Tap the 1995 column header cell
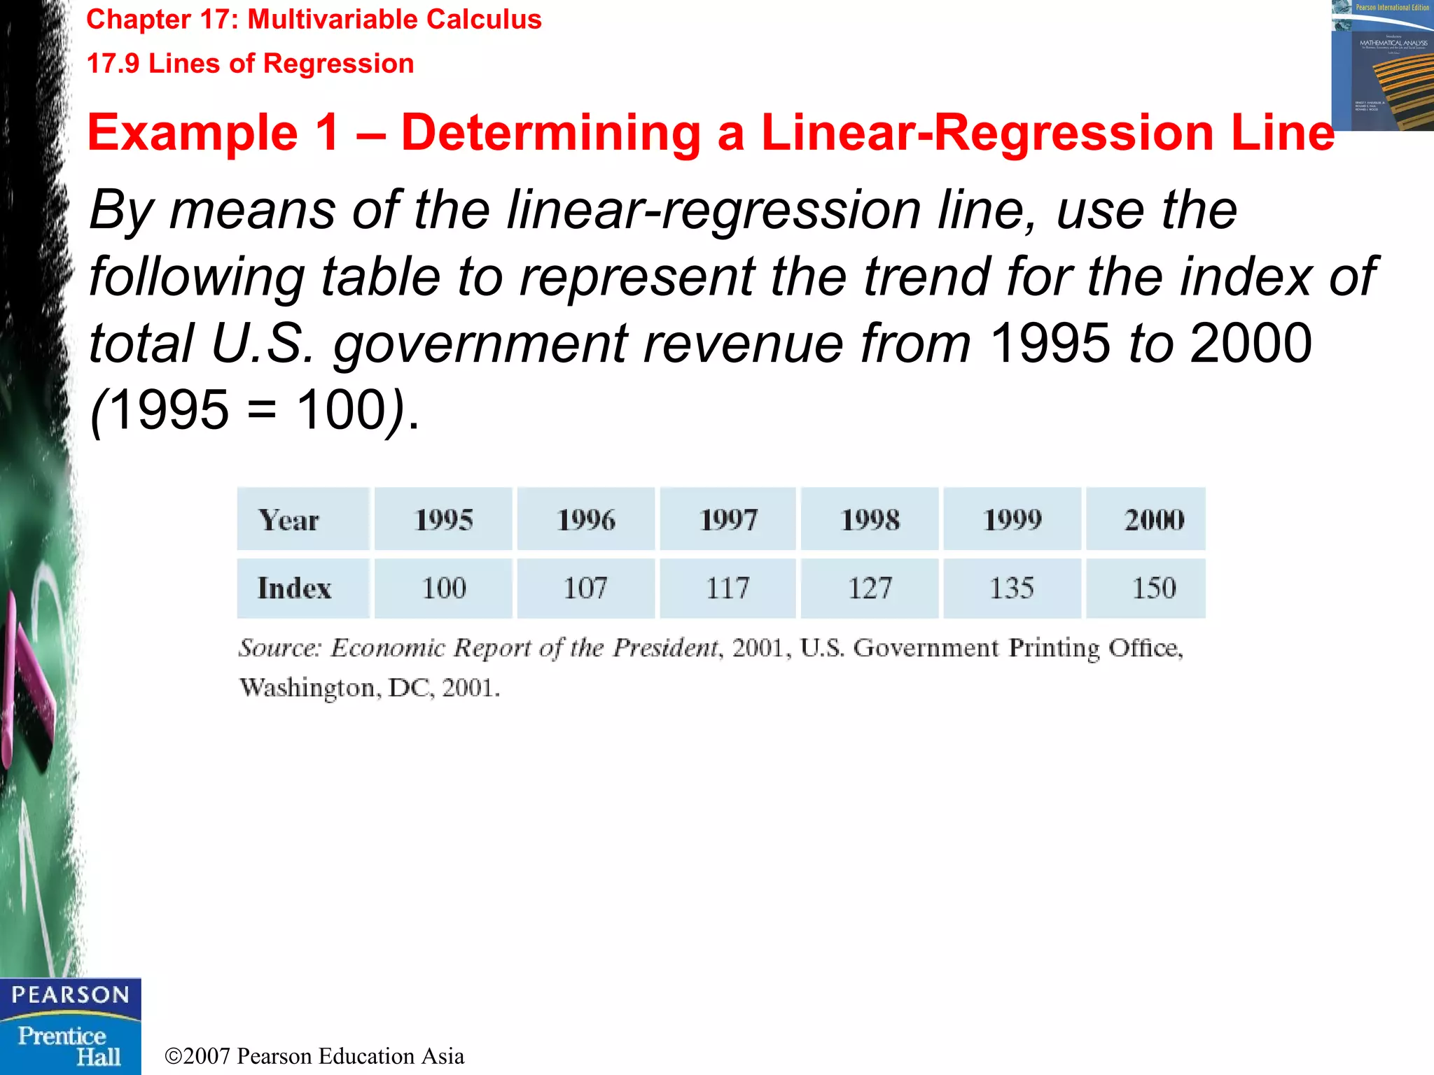point(444,519)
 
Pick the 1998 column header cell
point(870,519)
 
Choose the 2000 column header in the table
point(1154,519)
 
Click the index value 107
point(585,588)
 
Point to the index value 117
point(728,588)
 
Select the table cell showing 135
point(1012,588)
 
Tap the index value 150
point(1154,588)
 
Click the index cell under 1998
point(870,588)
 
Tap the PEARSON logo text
point(70,995)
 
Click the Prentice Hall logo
point(70,1046)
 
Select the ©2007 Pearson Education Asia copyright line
point(314,1056)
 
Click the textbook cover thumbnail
point(1382,66)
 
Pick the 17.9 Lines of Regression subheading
point(250,64)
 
